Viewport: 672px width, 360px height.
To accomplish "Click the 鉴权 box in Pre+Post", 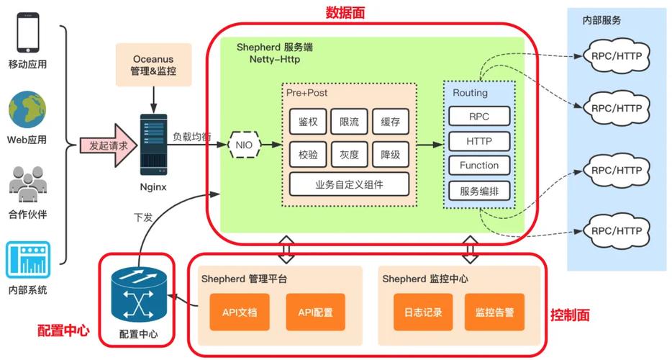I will [x=308, y=122].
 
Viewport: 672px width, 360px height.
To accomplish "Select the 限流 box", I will [x=349, y=122].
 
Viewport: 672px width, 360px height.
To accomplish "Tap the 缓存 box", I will [x=391, y=122].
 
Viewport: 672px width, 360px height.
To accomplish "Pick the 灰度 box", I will [x=349, y=153].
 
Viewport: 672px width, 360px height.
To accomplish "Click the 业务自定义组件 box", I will [x=349, y=184].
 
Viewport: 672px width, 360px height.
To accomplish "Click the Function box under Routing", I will [x=478, y=166].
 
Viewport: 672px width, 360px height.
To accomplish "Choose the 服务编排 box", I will [x=478, y=191].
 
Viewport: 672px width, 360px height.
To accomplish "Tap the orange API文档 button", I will [x=239, y=312].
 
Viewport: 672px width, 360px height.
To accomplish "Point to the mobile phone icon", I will [x=27, y=32].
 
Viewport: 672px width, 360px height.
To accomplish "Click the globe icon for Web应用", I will [x=27, y=109].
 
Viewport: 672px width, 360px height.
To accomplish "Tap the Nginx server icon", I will [x=153, y=144].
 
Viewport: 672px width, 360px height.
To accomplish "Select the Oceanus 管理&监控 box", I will [x=153, y=65].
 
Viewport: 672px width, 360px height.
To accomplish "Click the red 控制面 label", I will [x=570, y=315].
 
